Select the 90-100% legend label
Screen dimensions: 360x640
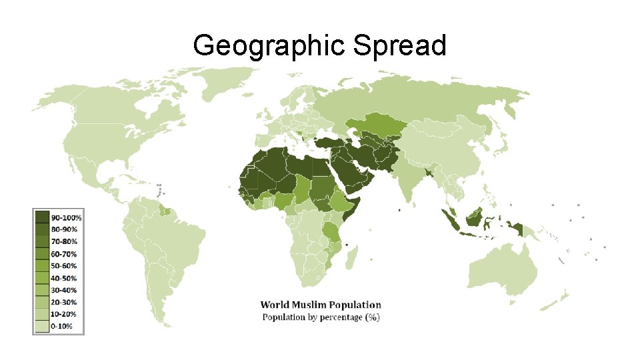tap(66, 218)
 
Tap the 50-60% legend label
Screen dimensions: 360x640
tap(65, 266)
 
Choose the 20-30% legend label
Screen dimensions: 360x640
tap(65, 302)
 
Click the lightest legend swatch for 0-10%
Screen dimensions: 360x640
tap(42, 326)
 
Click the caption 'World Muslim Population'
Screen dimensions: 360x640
tap(320, 305)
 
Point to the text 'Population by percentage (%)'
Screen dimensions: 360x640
tap(320, 317)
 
